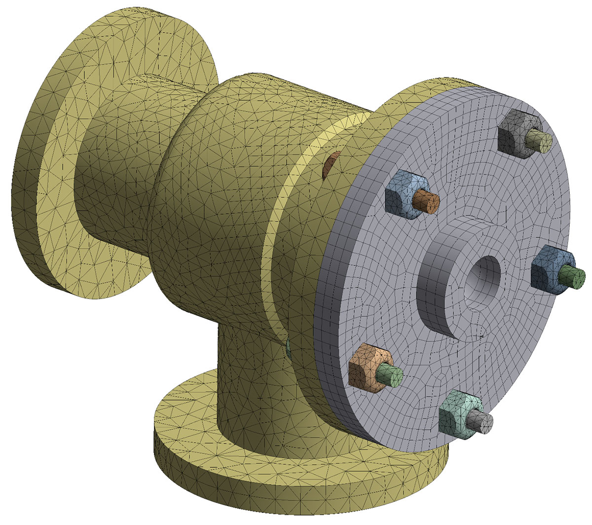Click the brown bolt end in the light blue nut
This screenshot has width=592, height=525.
coord(427,201)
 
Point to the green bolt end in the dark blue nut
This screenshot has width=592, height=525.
coord(573,275)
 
